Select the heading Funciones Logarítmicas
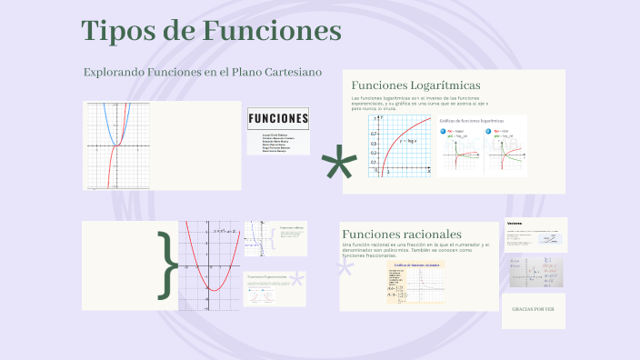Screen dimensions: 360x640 point(415,85)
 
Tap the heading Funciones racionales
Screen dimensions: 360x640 point(401,235)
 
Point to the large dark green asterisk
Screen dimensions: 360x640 point(338,165)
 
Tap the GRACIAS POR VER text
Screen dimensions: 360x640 point(533,309)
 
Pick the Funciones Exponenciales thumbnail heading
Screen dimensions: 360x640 point(266,276)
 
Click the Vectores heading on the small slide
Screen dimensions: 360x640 point(515,223)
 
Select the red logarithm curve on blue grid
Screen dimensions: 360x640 point(399,136)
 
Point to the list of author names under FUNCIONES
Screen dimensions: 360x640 point(276,142)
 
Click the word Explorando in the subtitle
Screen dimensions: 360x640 point(112,72)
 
